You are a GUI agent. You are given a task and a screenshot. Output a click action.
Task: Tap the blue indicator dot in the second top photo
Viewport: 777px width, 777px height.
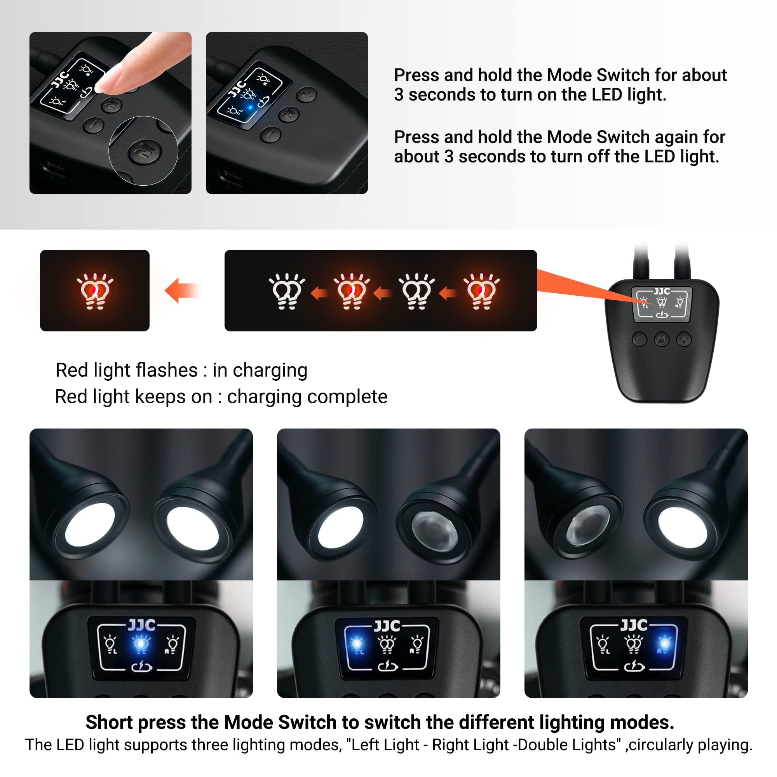click(x=250, y=107)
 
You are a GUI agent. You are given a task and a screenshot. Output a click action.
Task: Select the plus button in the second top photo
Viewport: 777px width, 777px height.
click(x=307, y=95)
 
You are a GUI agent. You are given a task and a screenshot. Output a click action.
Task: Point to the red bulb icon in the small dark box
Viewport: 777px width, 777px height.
click(x=95, y=291)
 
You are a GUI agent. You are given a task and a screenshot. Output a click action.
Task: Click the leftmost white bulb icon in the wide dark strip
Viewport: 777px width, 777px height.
click(x=286, y=291)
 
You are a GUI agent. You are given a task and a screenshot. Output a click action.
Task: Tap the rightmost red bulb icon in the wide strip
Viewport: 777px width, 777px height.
click(x=481, y=291)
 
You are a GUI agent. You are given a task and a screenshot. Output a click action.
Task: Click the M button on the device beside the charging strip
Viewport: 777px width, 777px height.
click(x=662, y=339)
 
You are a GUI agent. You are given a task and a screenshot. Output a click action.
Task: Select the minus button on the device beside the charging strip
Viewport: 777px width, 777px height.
click(x=639, y=339)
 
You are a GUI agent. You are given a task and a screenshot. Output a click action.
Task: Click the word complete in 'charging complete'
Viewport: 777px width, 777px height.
click(x=347, y=397)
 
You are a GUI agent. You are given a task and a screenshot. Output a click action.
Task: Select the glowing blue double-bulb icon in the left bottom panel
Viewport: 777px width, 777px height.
click(x=141, y=644)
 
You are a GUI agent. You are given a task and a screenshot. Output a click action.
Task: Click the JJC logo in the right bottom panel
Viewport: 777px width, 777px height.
click(x=634, y=625)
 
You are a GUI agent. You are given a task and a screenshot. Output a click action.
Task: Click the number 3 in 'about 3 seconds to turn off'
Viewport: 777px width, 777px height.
click(x=448, y=157)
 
